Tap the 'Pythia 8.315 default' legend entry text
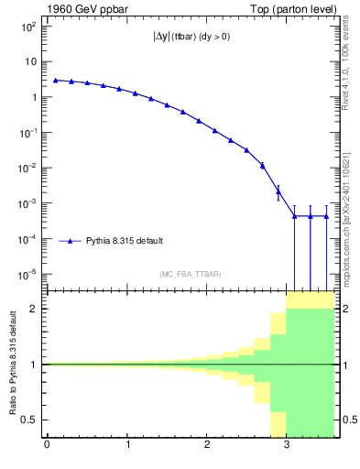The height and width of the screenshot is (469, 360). click(125, 241)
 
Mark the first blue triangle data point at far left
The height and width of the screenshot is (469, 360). click(55, 81)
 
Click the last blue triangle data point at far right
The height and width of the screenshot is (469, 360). click(327, 216)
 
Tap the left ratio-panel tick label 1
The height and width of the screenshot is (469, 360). click(35, 364)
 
